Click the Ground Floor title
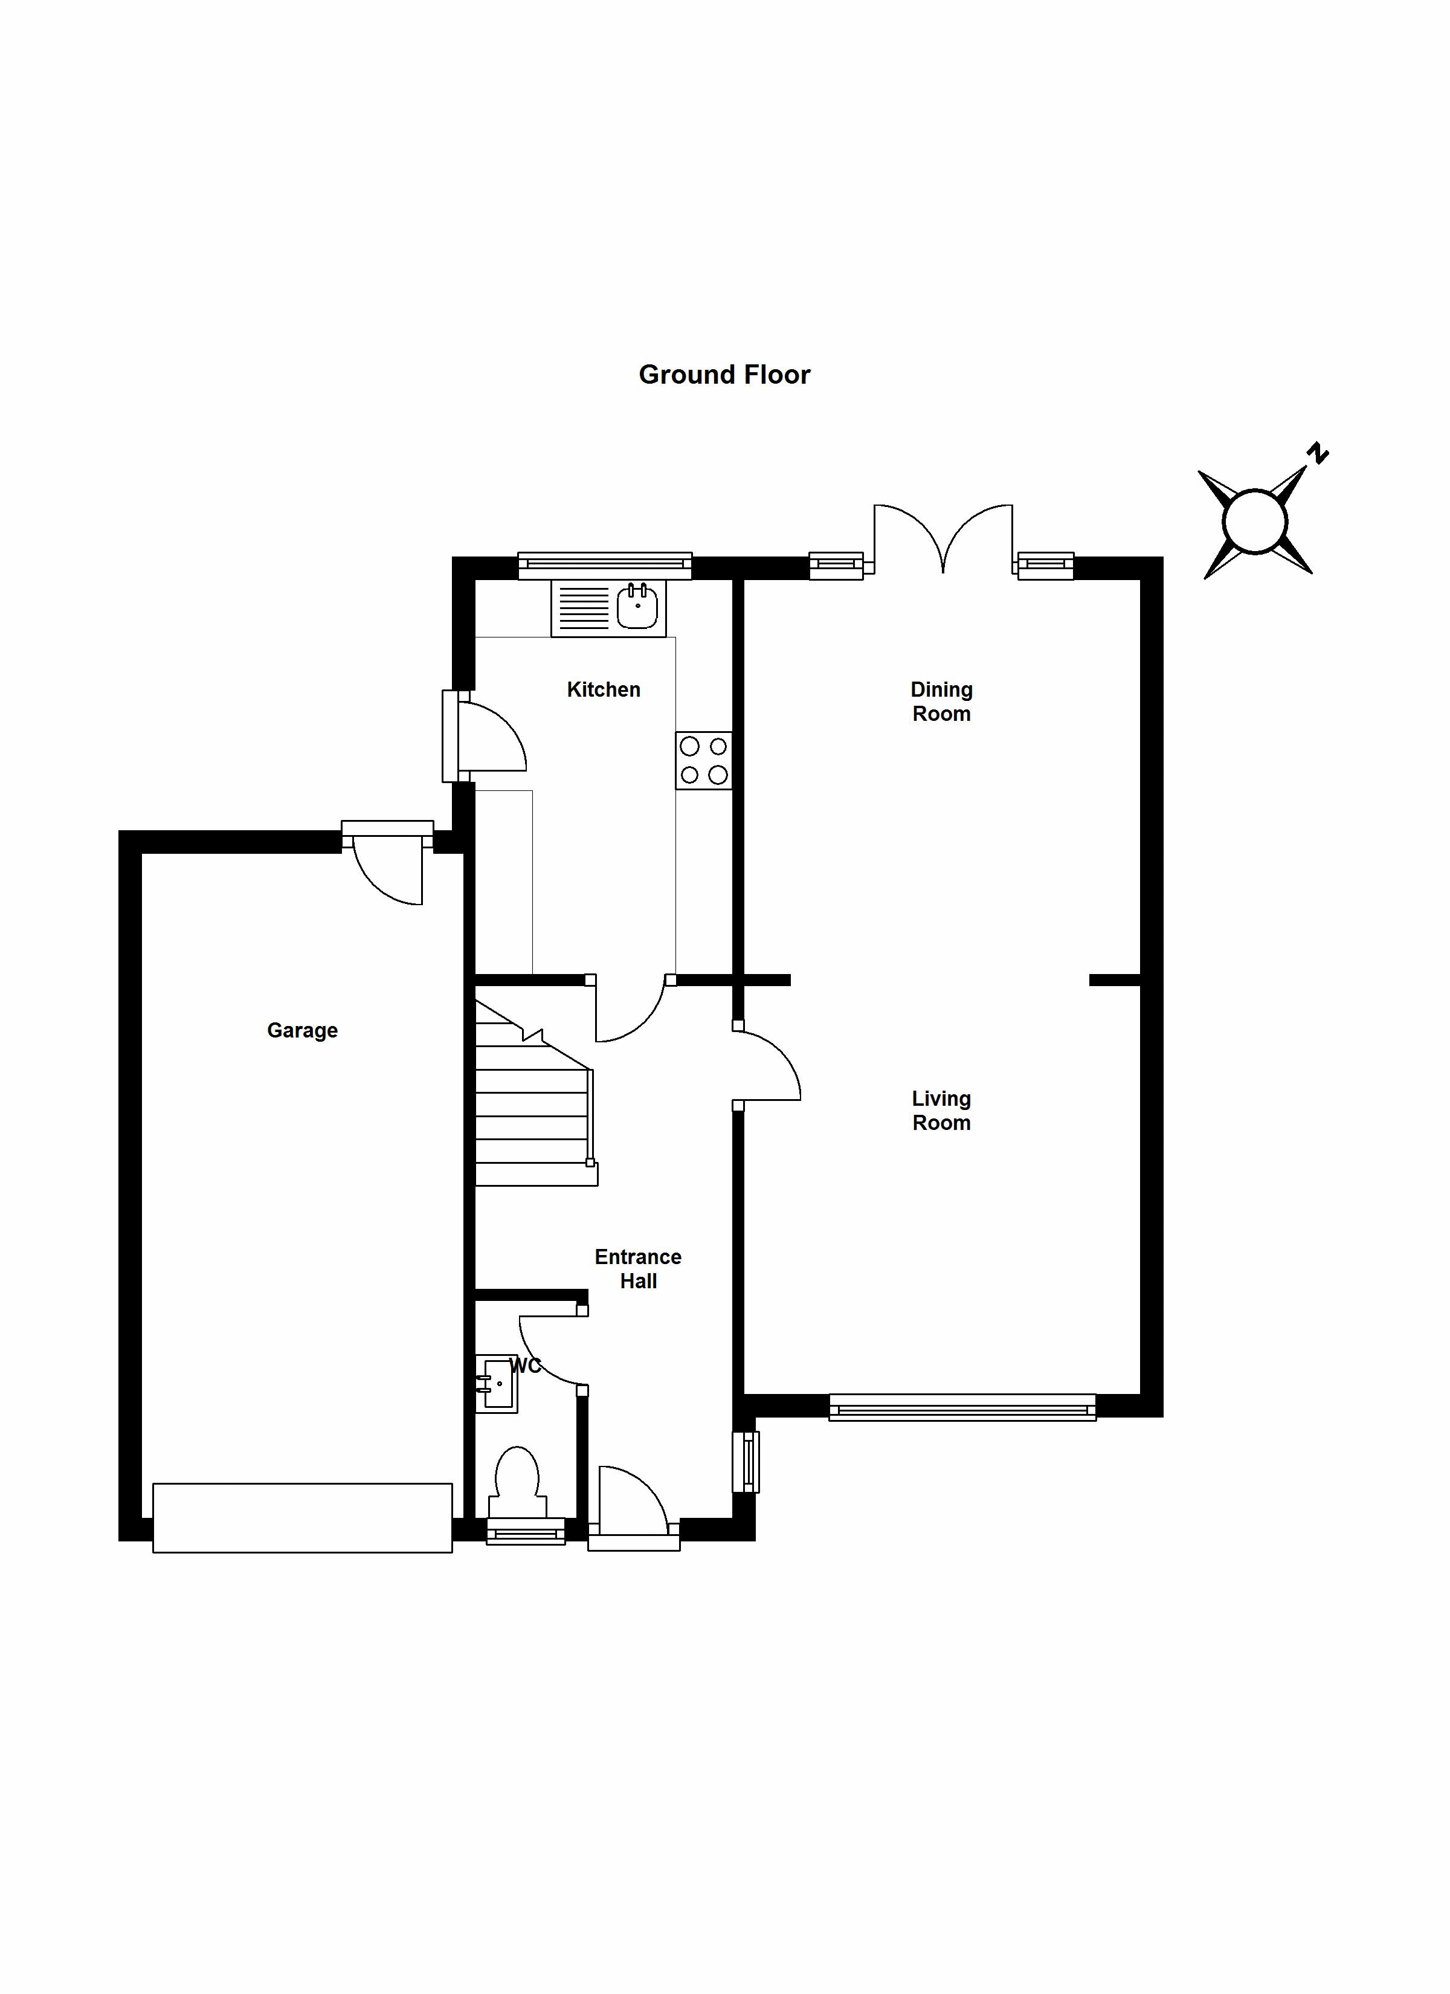point(724,375)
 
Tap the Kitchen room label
point(603,689)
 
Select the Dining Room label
point(941,701)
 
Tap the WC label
point(525,1366)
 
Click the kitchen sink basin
point(637,607)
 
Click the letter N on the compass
point(1316,454)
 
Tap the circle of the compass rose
point(1255,522)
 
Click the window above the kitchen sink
point(605,566)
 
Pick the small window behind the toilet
point(526,1532)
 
